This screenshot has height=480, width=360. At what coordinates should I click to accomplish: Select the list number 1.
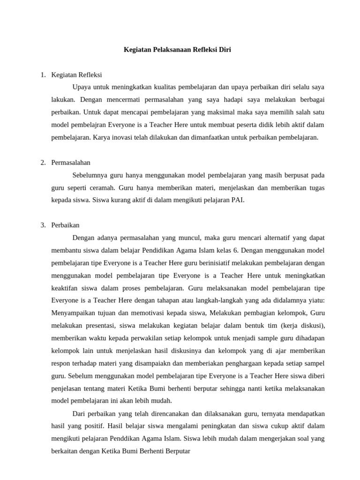pyautogui.click(x=43, y=75)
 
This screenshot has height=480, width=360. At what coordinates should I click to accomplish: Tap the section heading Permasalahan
pyautogui.click(x=71, y=162)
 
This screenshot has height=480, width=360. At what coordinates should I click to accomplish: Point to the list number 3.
pyautogui.click(x=43, y=225)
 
